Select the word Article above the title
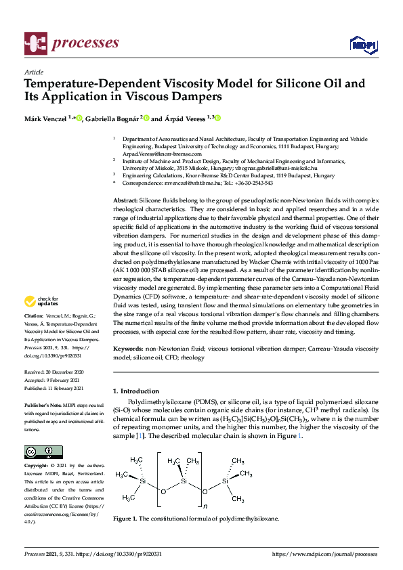[33, 72]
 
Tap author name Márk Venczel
[47, 118]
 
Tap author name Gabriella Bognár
[112, 118]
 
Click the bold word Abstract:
[125, 202]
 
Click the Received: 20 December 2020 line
[54, 372]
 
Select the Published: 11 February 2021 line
[54, 389]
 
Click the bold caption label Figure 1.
[125, 519]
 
